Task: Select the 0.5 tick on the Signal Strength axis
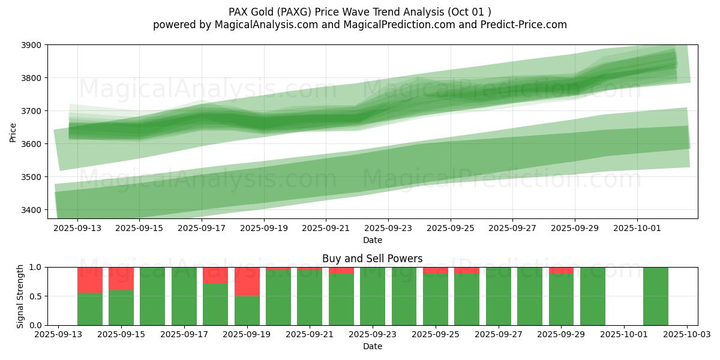click(x=37, y=296)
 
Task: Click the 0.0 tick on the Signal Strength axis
click(x=37, y=325)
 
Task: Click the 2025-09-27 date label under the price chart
click(x=512, y=229)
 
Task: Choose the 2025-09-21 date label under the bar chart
click(x=310, y=335)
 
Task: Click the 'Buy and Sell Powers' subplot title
click(x=372, y=259)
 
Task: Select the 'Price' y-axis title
click(x=13, y=132)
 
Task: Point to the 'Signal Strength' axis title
click(x=20, y=296)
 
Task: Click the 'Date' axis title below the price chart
click(x=372, y=240)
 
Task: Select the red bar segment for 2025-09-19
click(x=247, y=281)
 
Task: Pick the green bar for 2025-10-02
click(x=656, y=296)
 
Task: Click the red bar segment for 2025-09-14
click(x=90, y=280)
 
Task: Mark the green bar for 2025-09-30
click(x=593, y=296)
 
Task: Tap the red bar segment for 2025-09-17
click(x=215, y=275)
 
